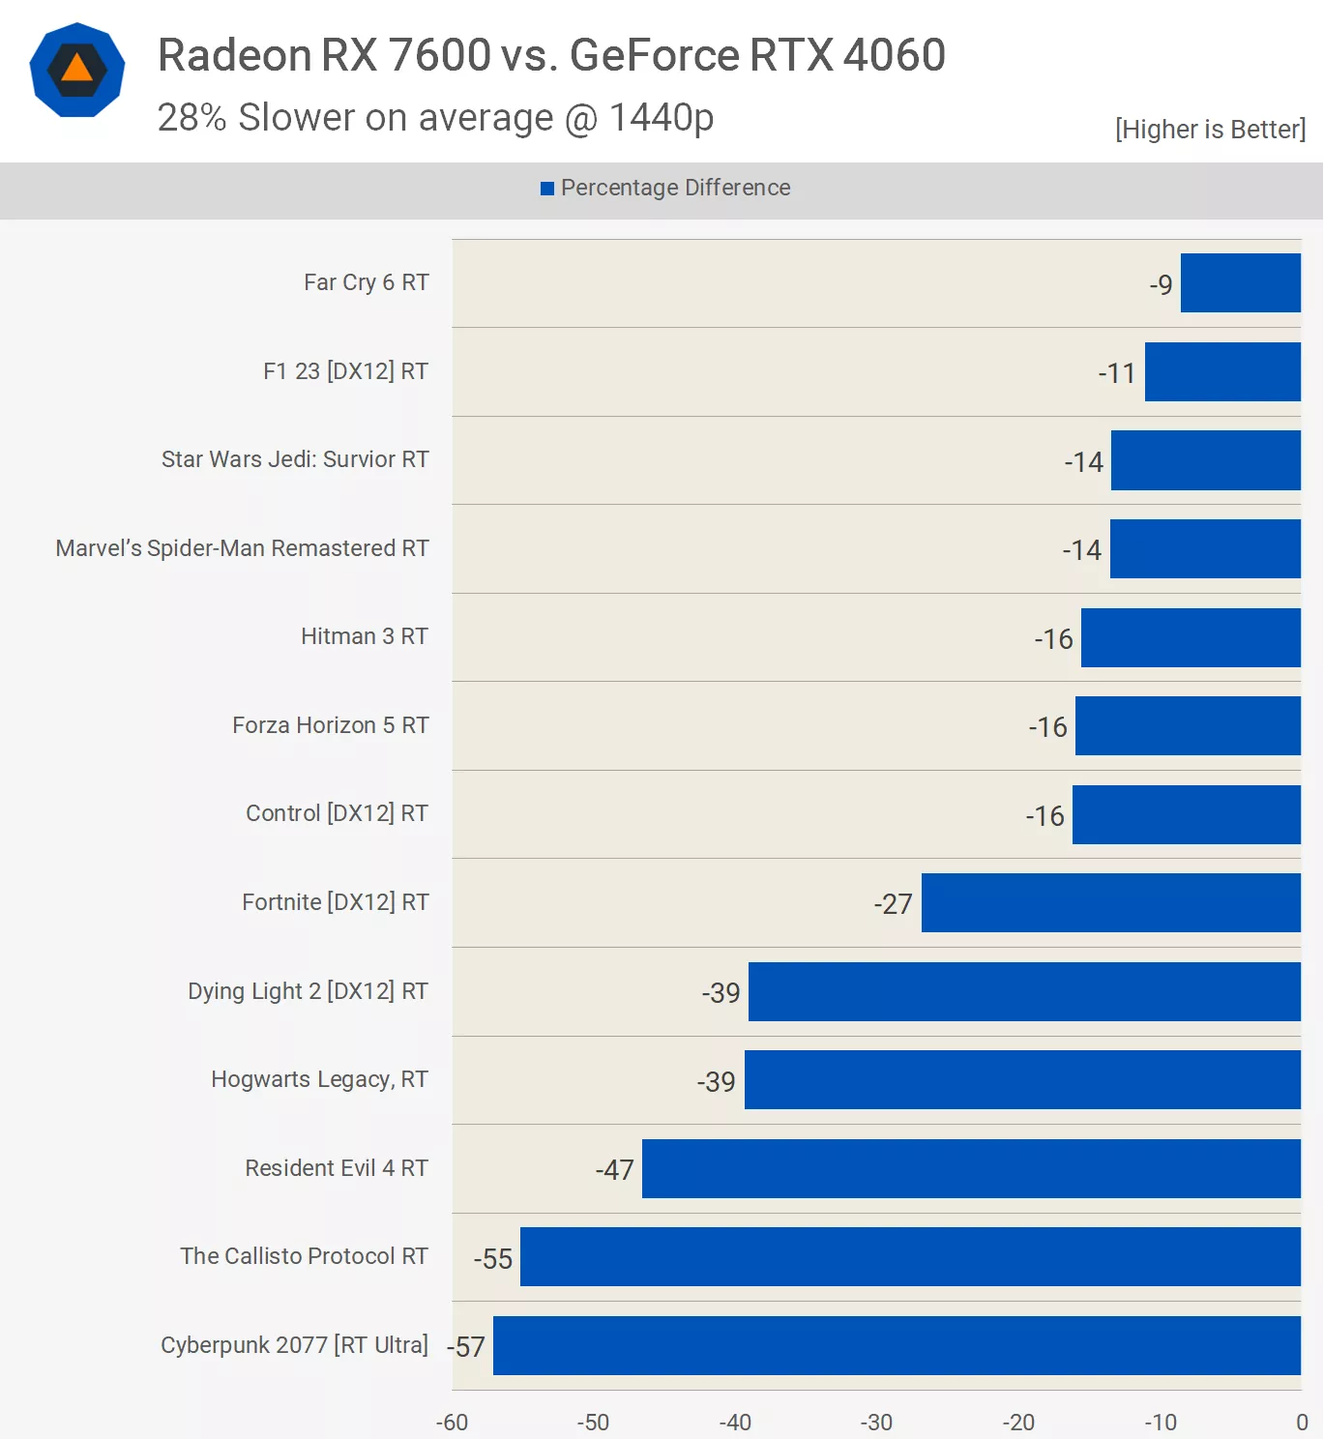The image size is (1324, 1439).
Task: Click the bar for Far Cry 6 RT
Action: (x=1241, y=282)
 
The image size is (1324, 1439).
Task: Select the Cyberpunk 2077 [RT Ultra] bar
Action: (x=897, y=1345)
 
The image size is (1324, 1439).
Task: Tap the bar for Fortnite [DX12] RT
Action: (x=1110, y=902)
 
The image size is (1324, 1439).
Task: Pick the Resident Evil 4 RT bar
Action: (x=971, y=1168)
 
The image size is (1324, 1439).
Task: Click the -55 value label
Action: (x=493, y=1258)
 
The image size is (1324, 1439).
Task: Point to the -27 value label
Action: (x=893, y=904)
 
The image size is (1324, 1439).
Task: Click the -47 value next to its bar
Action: (x=614, y=1170)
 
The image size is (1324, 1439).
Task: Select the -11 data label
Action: (x=1116, y=373)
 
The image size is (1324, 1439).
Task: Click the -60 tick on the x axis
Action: (x=452, y=1422)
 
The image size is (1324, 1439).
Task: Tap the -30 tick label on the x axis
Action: (x=876, y=1422)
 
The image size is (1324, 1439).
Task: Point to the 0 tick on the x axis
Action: (x=1302, y=1422)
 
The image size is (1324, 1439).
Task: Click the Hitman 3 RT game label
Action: (x=365, y=636)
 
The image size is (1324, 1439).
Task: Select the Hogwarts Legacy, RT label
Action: (x=319, y=1079)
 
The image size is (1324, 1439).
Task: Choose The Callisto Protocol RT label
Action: (x=304, y=1256)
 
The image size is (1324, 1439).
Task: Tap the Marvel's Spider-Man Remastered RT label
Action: (x=242, y=548)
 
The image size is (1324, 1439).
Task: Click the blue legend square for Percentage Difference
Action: (x=547, y=189)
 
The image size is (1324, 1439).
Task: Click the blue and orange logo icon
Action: (x=77, y=70)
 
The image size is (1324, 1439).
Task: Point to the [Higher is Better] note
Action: (x=1210, y=130)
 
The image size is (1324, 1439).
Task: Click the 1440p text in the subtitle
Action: (x=662, y=118)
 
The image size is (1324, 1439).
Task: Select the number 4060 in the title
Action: (x=894, y=55)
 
